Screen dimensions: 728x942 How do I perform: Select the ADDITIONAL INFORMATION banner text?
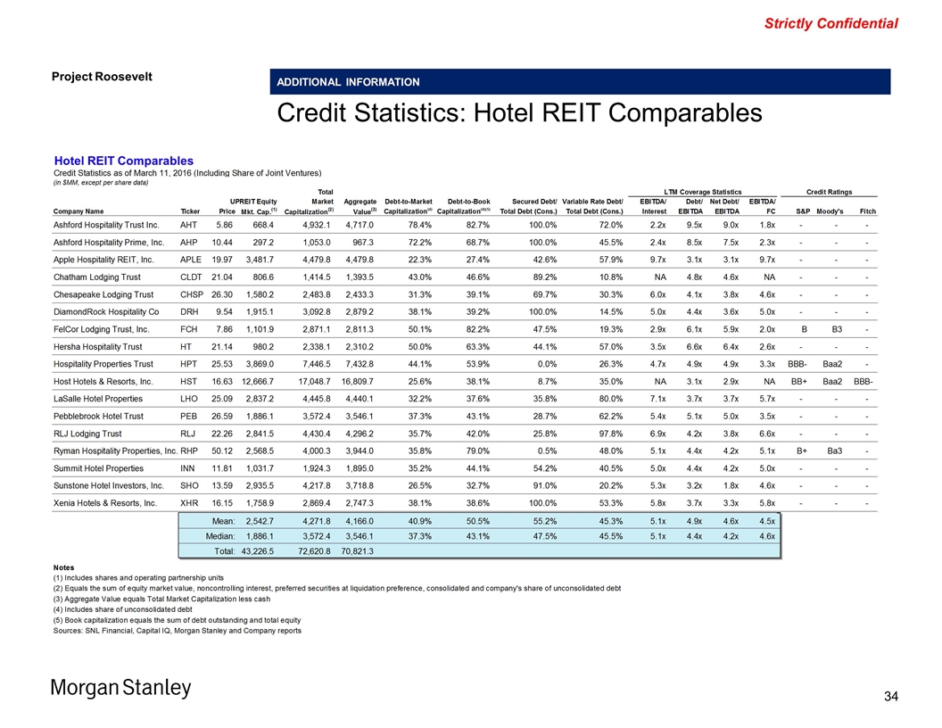coord(348,82)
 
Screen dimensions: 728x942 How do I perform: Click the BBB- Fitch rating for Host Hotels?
coord(863,381)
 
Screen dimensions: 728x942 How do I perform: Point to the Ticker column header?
coord(191,211)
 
